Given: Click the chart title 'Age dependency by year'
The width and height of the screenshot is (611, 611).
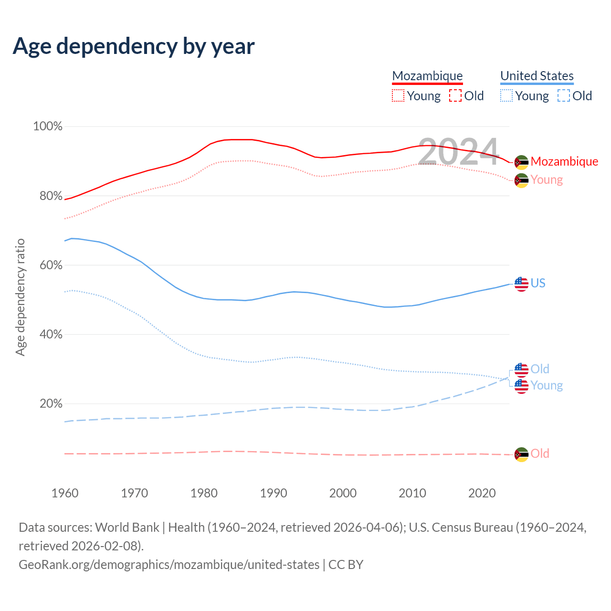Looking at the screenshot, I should [134, 46].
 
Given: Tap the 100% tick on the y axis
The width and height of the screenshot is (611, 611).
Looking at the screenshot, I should [48, 126].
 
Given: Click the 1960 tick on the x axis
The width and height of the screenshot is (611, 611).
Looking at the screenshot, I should [65, 493].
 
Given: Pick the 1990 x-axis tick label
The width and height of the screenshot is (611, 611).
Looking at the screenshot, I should [274, 493].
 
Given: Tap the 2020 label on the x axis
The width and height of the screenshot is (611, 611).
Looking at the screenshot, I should [482, 493].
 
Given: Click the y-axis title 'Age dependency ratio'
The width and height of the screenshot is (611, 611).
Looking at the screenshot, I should [20, 297].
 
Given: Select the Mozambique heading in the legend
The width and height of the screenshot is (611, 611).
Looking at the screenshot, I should [427, 76].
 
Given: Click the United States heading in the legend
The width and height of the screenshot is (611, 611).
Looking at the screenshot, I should [537, 76].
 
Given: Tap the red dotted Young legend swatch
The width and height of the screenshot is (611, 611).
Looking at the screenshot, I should [398, 96].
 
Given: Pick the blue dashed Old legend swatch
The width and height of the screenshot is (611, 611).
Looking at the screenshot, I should [563, 96].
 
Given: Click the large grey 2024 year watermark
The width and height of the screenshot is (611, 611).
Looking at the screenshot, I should [458, 152].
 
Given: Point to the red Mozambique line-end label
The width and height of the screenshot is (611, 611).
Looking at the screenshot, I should [564, 161].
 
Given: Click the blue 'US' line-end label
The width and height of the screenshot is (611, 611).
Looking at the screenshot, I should [538, 283].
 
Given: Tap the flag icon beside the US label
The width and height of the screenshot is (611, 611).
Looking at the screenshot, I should [521, 284].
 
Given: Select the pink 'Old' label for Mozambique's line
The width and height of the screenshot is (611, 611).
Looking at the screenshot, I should [540, 453].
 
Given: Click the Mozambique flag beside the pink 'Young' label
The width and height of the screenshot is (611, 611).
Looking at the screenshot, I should [521, 180].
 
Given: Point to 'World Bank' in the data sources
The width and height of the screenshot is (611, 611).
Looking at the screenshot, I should [127, 527].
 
